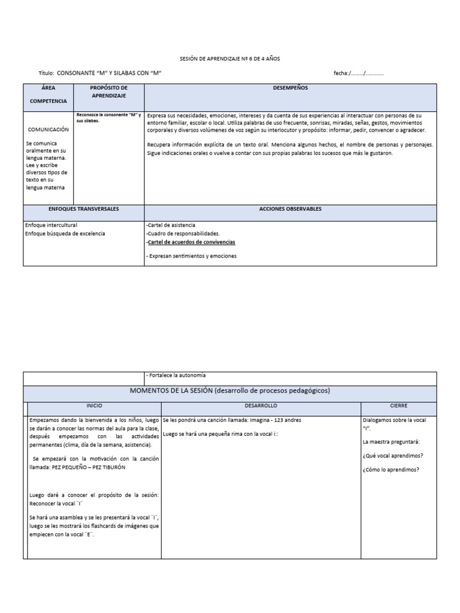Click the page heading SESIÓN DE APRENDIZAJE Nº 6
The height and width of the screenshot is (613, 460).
(230, 59)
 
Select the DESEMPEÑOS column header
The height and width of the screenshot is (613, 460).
(290, 88)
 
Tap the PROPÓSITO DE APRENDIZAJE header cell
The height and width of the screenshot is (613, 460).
(108, 92)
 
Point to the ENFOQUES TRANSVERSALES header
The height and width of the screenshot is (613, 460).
(84, 209)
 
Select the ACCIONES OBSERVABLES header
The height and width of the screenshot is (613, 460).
(290, 209)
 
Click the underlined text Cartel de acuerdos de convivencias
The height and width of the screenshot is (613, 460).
(191, 242)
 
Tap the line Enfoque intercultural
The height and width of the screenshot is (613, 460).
(51, 225)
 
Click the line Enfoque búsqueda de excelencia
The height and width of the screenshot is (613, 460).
(65, 233)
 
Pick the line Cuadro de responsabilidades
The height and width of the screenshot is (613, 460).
(183, 233)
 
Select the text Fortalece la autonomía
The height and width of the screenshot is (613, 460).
(175, 375)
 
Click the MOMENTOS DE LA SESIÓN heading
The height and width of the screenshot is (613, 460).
(230, 390)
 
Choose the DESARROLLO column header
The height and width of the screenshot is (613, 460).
(261, 406)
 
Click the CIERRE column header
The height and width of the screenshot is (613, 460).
(398, 406)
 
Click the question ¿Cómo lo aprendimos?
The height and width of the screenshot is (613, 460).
(391, 469)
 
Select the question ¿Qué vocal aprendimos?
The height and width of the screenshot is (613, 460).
(392, 456)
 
